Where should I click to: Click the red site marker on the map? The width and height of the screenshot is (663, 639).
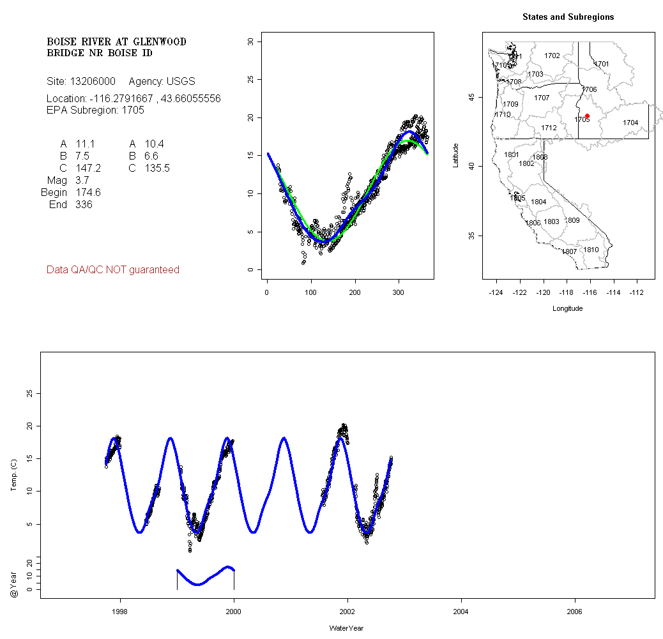coord(587,116)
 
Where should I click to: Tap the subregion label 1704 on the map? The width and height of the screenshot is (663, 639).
coord(630,123)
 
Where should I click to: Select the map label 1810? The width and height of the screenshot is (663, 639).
coord(591,250)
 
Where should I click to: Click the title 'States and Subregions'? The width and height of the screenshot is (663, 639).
coord(568,17)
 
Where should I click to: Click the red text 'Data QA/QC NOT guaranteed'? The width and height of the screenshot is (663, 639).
coord(113,270)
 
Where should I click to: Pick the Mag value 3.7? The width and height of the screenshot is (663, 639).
coord(82,181)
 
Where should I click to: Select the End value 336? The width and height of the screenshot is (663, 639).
coord(84,205)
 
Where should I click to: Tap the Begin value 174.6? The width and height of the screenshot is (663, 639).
coord(88,193)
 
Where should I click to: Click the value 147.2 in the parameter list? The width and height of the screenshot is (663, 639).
coord(88,169)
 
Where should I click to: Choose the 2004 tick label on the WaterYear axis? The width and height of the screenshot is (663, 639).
coord(461,610)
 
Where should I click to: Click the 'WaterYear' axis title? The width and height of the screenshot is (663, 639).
coord(346,628)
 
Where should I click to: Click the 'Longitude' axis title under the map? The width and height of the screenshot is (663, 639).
coord(567,308)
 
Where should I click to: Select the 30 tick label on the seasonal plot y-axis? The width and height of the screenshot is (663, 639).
coord(251,41)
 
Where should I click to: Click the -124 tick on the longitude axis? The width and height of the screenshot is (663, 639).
coord(496,292)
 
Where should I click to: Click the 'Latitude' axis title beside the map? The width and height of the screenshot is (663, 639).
coord(456,155)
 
